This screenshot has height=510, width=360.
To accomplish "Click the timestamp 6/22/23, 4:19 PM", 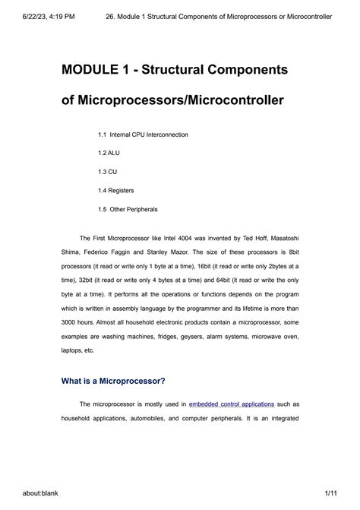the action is [38, 16].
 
